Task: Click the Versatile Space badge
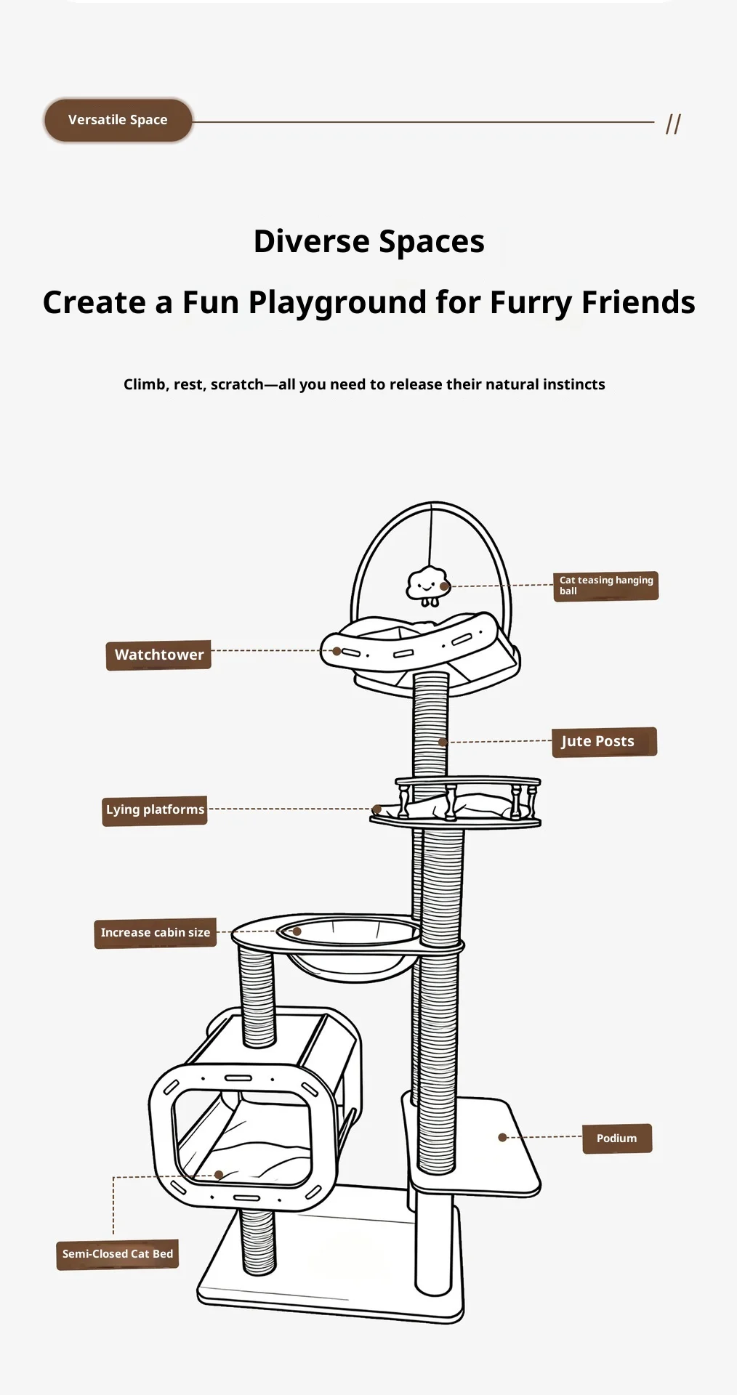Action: [x=118, y=120]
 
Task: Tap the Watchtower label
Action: [x=158, y=655]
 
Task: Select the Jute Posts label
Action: [x=605, y=742]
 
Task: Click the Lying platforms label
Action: [x=155, y=810]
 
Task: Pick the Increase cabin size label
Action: [x=156, y=933]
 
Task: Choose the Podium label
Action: [x=617, y=1139]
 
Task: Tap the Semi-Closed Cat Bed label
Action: [x=118, y=1254]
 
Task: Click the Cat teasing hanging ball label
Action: [x=606, y=586]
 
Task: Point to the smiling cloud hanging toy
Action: [x=427, y=585]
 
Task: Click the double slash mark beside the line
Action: [x=674, y=124]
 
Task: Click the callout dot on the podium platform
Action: [x=502, y=1137]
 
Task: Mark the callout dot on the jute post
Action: [x=443, y=742]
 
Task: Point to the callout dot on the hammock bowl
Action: [x=297, y=931]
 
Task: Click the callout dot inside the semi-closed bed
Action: [x=219, y=1175]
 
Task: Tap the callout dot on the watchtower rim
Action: [x=337, y=651]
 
